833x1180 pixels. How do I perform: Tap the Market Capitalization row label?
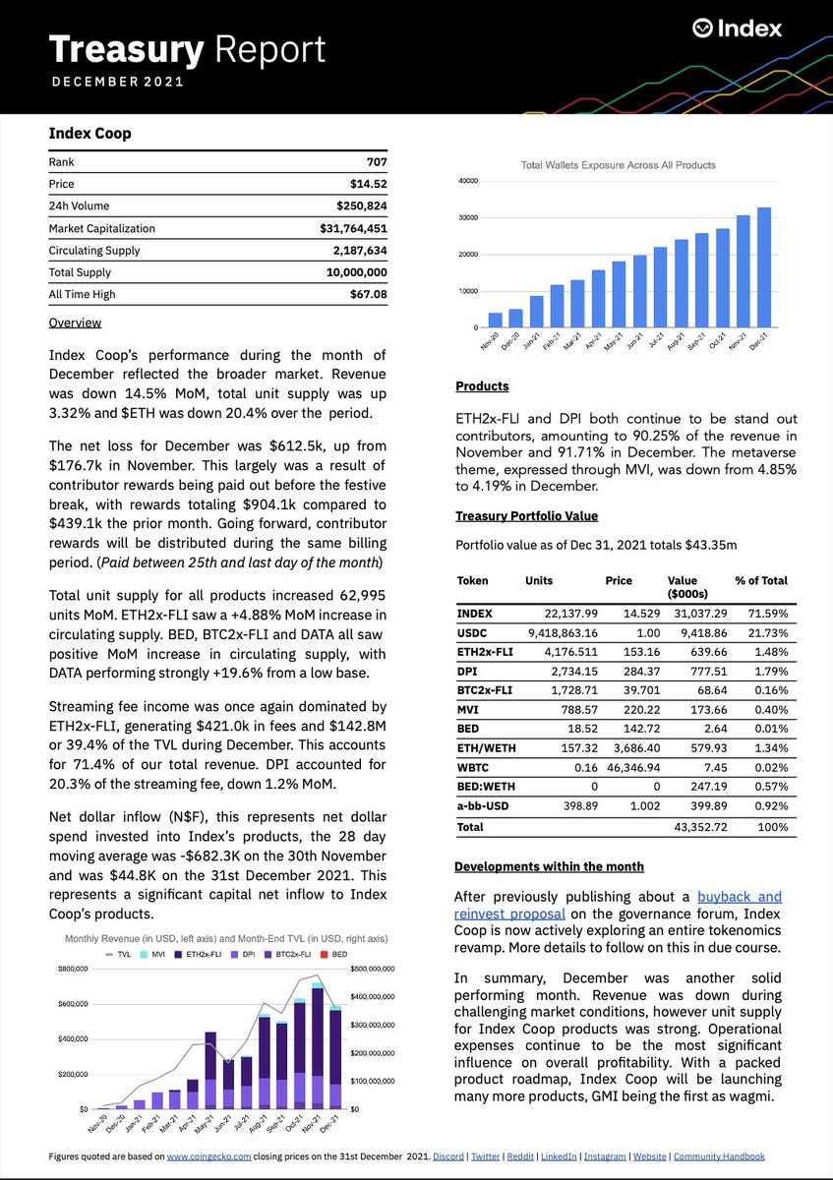pyautogui.click(x=101, y=228)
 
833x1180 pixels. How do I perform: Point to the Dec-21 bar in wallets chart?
pyautogui.click(x=764, y=267)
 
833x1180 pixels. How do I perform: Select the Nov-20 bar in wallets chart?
pyautogui.click(x=496, y=320)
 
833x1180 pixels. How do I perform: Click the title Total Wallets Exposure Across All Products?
pyautogui.click(x=618, y=165)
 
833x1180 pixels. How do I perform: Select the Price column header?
pyautogui.click(x=619, y=581)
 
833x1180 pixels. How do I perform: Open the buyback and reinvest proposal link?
pyautogui.click(x=740, y=897)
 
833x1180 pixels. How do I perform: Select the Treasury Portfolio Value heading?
pyautogui.click(x=526, y=516)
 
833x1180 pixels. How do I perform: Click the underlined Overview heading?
pyautogui.click(x=75, y=323)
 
